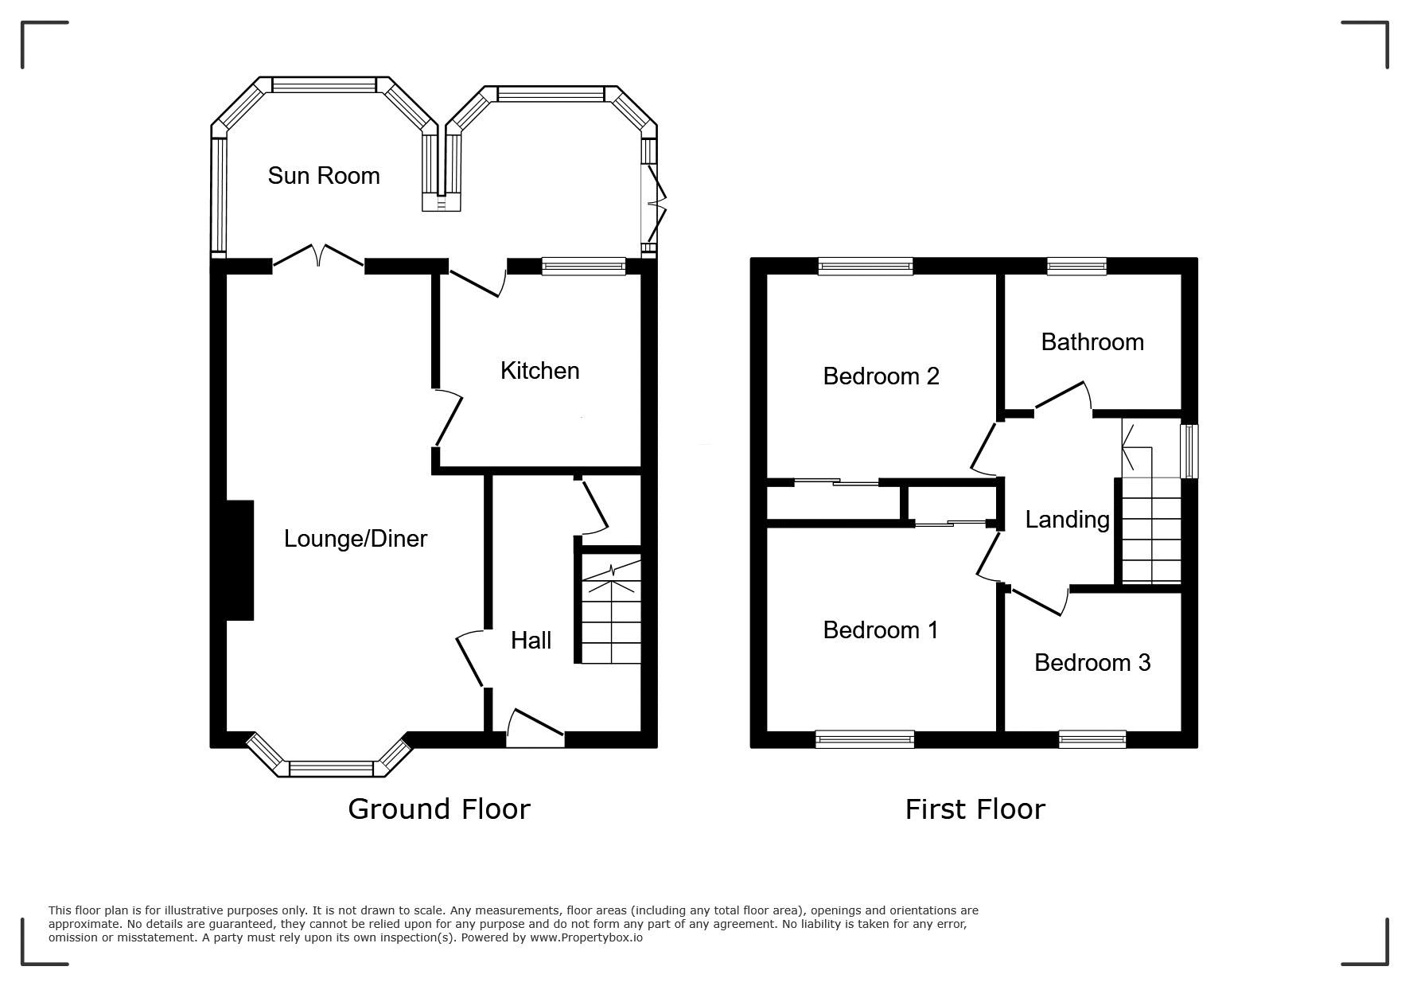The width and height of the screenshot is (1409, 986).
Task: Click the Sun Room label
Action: click(x=324, y=176)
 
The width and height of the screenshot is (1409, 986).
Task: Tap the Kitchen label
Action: click(x=539, y=371)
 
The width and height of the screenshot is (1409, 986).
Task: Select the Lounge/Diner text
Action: click(x=356, y=539)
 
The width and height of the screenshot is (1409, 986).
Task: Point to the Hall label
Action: click(x=531, y=640)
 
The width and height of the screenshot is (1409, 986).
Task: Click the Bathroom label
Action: click(x=1092, y=342)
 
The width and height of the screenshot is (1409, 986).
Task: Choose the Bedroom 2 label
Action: click(x=881, y=376)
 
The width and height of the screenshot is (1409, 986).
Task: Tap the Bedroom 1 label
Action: click(x=880, y=630)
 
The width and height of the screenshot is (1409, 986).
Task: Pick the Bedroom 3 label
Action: click(x=1092, y=663)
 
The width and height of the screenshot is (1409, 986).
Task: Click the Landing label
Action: click(x=1067, y=520)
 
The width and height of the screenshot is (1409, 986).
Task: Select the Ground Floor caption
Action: click(x=439, y=809)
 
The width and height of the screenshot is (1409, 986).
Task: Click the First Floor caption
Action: click(x=975, y=809)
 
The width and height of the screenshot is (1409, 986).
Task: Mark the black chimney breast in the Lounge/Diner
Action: click(x=239, y=559)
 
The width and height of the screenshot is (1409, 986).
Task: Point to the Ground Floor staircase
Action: click(x=609, y=610)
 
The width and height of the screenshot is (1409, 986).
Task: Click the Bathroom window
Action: click(x=1076, y=267)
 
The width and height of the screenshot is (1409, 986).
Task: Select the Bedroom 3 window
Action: click(x=1092, y=739)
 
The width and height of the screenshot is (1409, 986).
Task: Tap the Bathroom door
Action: click(x=1064, y=398)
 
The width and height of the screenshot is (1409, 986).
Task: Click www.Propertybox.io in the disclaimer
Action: click(x=586, y=937)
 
